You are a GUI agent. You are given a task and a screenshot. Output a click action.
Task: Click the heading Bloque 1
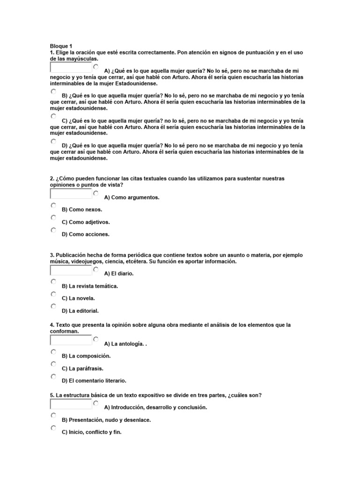(61, 46)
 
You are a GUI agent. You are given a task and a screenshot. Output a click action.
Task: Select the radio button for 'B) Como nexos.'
(53, 206)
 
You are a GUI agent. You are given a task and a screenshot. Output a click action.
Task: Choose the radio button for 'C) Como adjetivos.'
(53, 218)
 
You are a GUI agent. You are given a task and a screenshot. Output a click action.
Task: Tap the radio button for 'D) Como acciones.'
(53, 230)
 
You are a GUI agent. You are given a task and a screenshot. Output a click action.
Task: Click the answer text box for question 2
(71, 194)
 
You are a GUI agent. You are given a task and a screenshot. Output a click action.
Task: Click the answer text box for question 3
(71, 270)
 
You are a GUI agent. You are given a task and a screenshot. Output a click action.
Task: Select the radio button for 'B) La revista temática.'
(53, 282)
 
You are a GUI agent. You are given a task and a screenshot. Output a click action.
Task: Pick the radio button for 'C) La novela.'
(53, 294)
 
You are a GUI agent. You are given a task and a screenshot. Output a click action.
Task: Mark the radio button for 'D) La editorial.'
(53, 307)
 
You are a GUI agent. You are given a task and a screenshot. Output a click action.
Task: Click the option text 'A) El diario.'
(119, 274)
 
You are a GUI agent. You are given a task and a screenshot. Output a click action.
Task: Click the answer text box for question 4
(71, 340)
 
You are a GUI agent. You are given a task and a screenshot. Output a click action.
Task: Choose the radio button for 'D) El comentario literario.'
(53, 376)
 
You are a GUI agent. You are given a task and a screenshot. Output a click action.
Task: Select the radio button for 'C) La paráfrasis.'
(53, 364)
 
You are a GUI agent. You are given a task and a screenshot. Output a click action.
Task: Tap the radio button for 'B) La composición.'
(53, 352)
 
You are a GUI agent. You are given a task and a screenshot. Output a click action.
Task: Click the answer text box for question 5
(71, 404)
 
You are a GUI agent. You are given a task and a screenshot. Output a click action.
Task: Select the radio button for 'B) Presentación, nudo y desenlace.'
(53, 416)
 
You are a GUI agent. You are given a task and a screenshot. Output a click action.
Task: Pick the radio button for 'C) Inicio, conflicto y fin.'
(53, 428)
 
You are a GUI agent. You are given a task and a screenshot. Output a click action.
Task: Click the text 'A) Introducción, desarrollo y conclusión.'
(155, 408)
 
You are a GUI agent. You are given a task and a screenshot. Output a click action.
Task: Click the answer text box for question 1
(71, 67)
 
